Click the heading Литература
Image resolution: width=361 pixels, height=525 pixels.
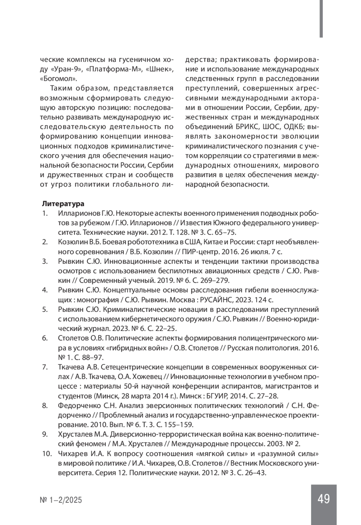point(63,204)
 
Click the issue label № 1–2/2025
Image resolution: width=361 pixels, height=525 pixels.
point(61,500)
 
